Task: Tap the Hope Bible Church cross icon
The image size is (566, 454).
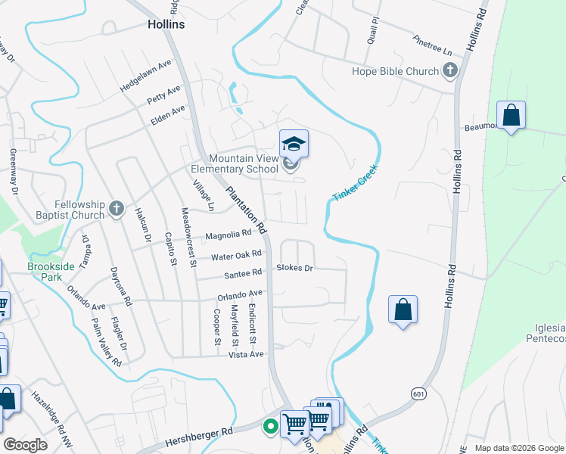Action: click(x=450, y=71)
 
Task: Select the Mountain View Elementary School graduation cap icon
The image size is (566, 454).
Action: click(x=294, y=143)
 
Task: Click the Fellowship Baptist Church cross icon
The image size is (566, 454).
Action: click(x=116, y=208)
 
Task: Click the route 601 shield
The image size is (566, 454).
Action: click(x=418, y=393)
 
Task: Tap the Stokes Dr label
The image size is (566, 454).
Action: click(x=294, y=268)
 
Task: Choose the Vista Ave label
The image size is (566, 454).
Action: click(x=245, y=354)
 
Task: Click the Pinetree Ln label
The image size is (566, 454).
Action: click(x=432, y=45)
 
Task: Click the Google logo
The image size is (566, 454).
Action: click(x=25, y=445)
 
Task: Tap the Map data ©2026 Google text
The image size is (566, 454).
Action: click(x=519, y=448)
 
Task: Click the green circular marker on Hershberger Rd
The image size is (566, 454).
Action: click(x=269, y=427)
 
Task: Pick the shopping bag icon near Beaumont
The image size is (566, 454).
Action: click(x=512, y=116)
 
